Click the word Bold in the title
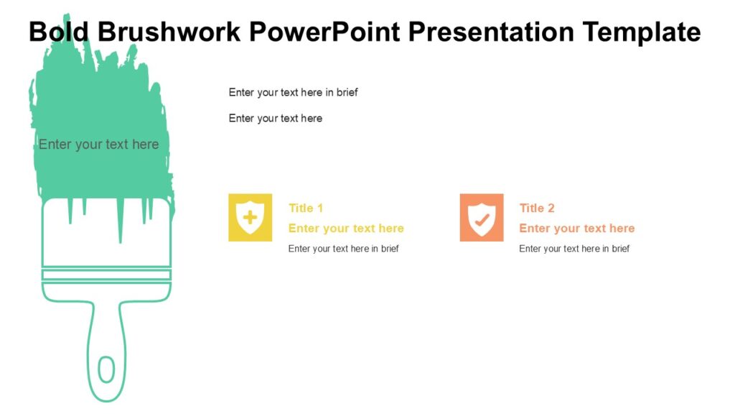[x=59, y=32]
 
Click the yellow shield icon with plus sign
[x=250, y=217]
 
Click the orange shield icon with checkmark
[x=481, y=217]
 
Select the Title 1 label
[x=306, y=208]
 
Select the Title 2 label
[x=537, y=208]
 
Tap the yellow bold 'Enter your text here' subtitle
[x=346, y=229]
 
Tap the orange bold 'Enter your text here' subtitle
[x=577, y=229]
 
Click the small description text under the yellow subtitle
[x=343, y=249]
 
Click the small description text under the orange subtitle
[x=574, y=249]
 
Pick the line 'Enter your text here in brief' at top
[x=293, y=92]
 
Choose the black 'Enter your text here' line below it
[x=276, y=118]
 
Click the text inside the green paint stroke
[x=98, y=144]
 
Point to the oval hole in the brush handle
[x=106, y=369]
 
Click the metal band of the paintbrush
[x=106, y=275]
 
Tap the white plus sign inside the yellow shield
[x=250, y=216]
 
